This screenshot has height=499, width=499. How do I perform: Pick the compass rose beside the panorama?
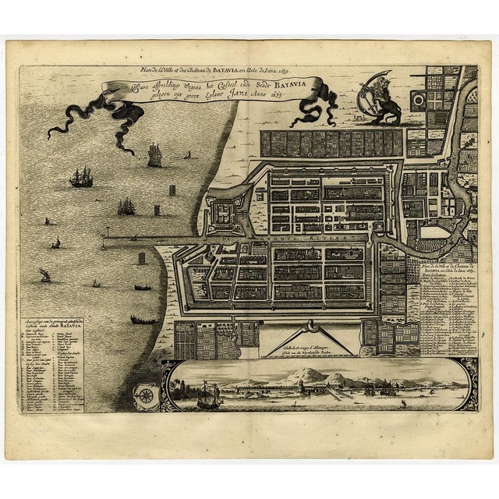[x=144, y=395]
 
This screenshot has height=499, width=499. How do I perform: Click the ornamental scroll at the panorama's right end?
[x=467, y=383]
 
